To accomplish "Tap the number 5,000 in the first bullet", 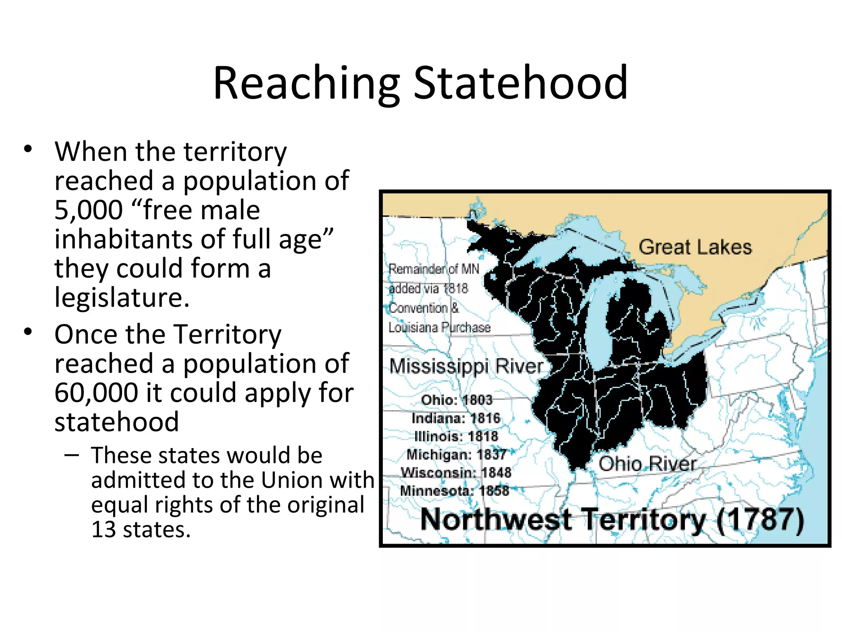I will coord(88,210).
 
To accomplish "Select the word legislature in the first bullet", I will coord(122,297).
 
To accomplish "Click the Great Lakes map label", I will coord(695,247).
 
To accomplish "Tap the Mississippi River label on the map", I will coord(466,366).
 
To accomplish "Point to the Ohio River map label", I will coord(647,464).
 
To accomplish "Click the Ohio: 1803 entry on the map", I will coord(457,400).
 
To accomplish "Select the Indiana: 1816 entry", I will coord(456,418).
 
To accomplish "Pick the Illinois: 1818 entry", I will coord(456,436).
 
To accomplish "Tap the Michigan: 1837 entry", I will coord(456,454).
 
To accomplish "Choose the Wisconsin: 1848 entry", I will coord(456,472).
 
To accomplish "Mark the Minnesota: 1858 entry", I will coord(454,490).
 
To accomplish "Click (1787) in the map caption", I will coord(760,520).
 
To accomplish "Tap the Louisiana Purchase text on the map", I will coord(440,328).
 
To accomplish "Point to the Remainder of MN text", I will coord(434,269).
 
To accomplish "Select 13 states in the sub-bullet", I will coord(141,530).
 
